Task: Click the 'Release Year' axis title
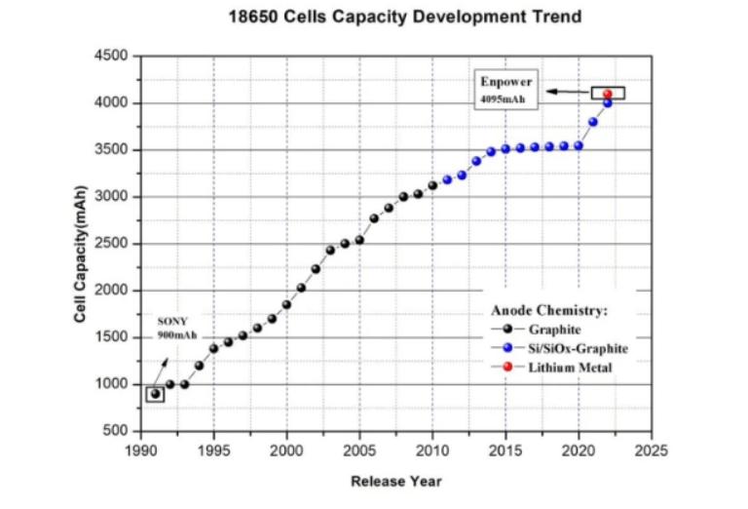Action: (395, 481)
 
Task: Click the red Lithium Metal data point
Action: (608, 95)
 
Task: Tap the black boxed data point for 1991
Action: (155, 394)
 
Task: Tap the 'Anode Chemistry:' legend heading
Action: (548, 310)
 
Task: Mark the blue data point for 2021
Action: (593, 122)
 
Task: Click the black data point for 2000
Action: (286, 304)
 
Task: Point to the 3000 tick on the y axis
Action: (116, 197)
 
